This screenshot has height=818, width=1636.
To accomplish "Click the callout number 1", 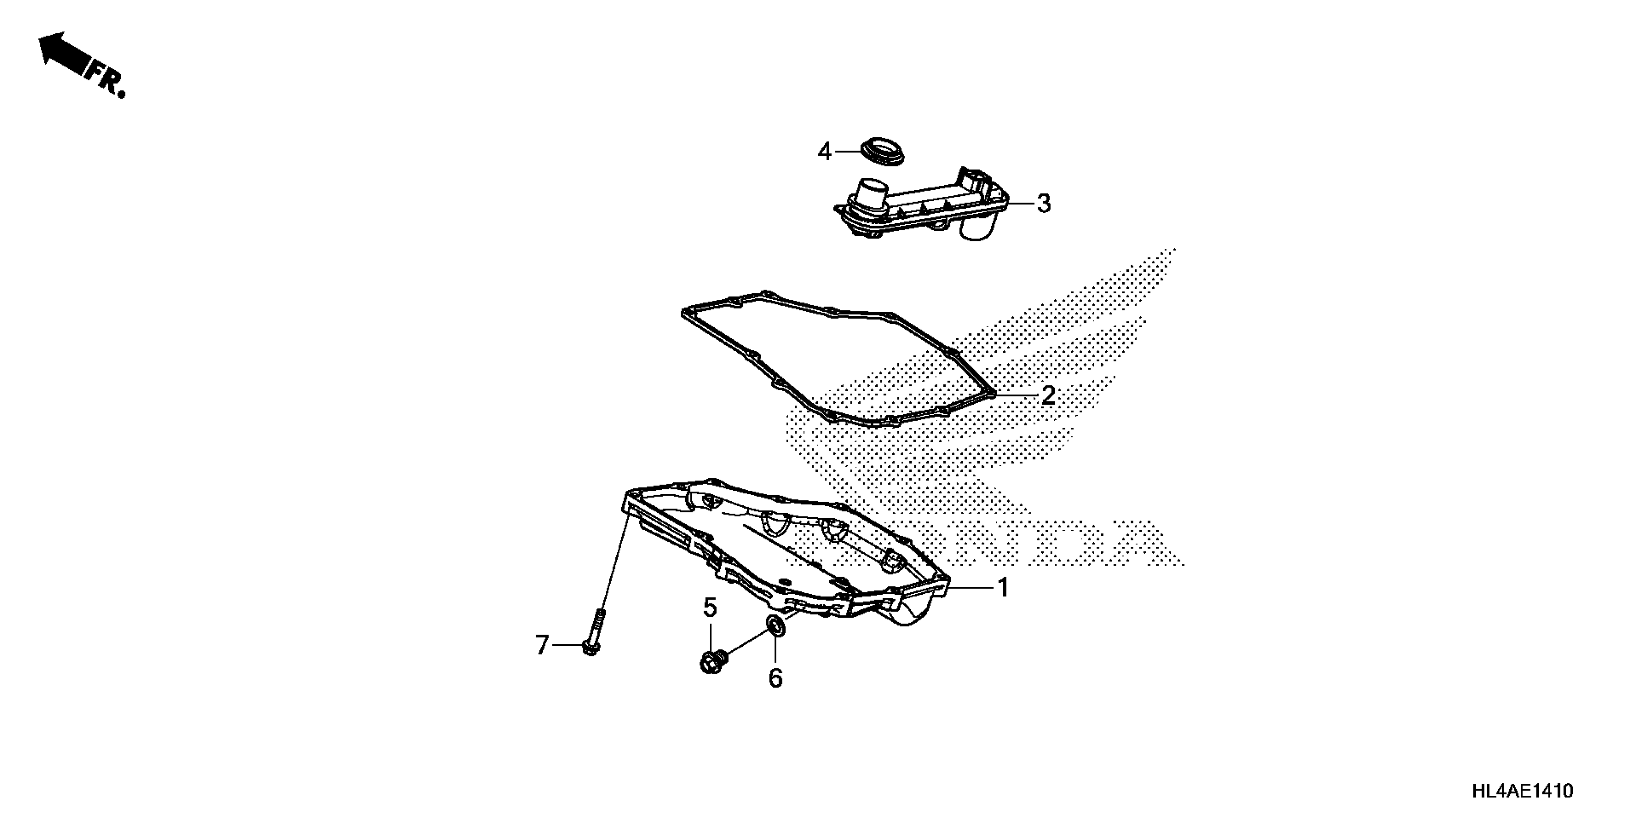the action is (x=1003, y=588).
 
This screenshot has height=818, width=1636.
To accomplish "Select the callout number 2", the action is (x=1048, y=395).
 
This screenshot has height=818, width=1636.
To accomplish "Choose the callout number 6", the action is (x=776, y=678).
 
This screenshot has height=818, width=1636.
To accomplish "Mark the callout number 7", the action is (x=541, y=646).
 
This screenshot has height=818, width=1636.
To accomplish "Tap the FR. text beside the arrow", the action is (x=107, y=79).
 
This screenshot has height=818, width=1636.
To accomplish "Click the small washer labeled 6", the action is (x=776, y=626).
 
